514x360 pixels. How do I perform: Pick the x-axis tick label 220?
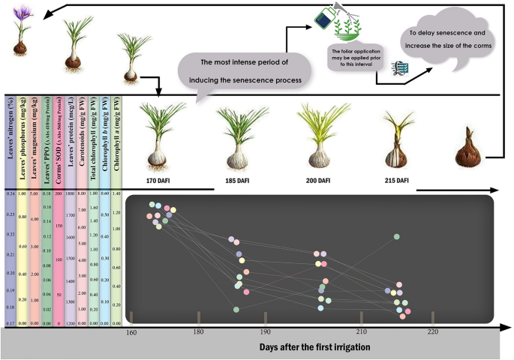[432, 331]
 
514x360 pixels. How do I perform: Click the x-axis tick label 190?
[265, 331]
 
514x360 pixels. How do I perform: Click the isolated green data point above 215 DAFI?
[396, 237]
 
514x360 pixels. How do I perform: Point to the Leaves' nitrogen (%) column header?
[10, 142]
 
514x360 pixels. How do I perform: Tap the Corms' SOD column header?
[57, 142]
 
